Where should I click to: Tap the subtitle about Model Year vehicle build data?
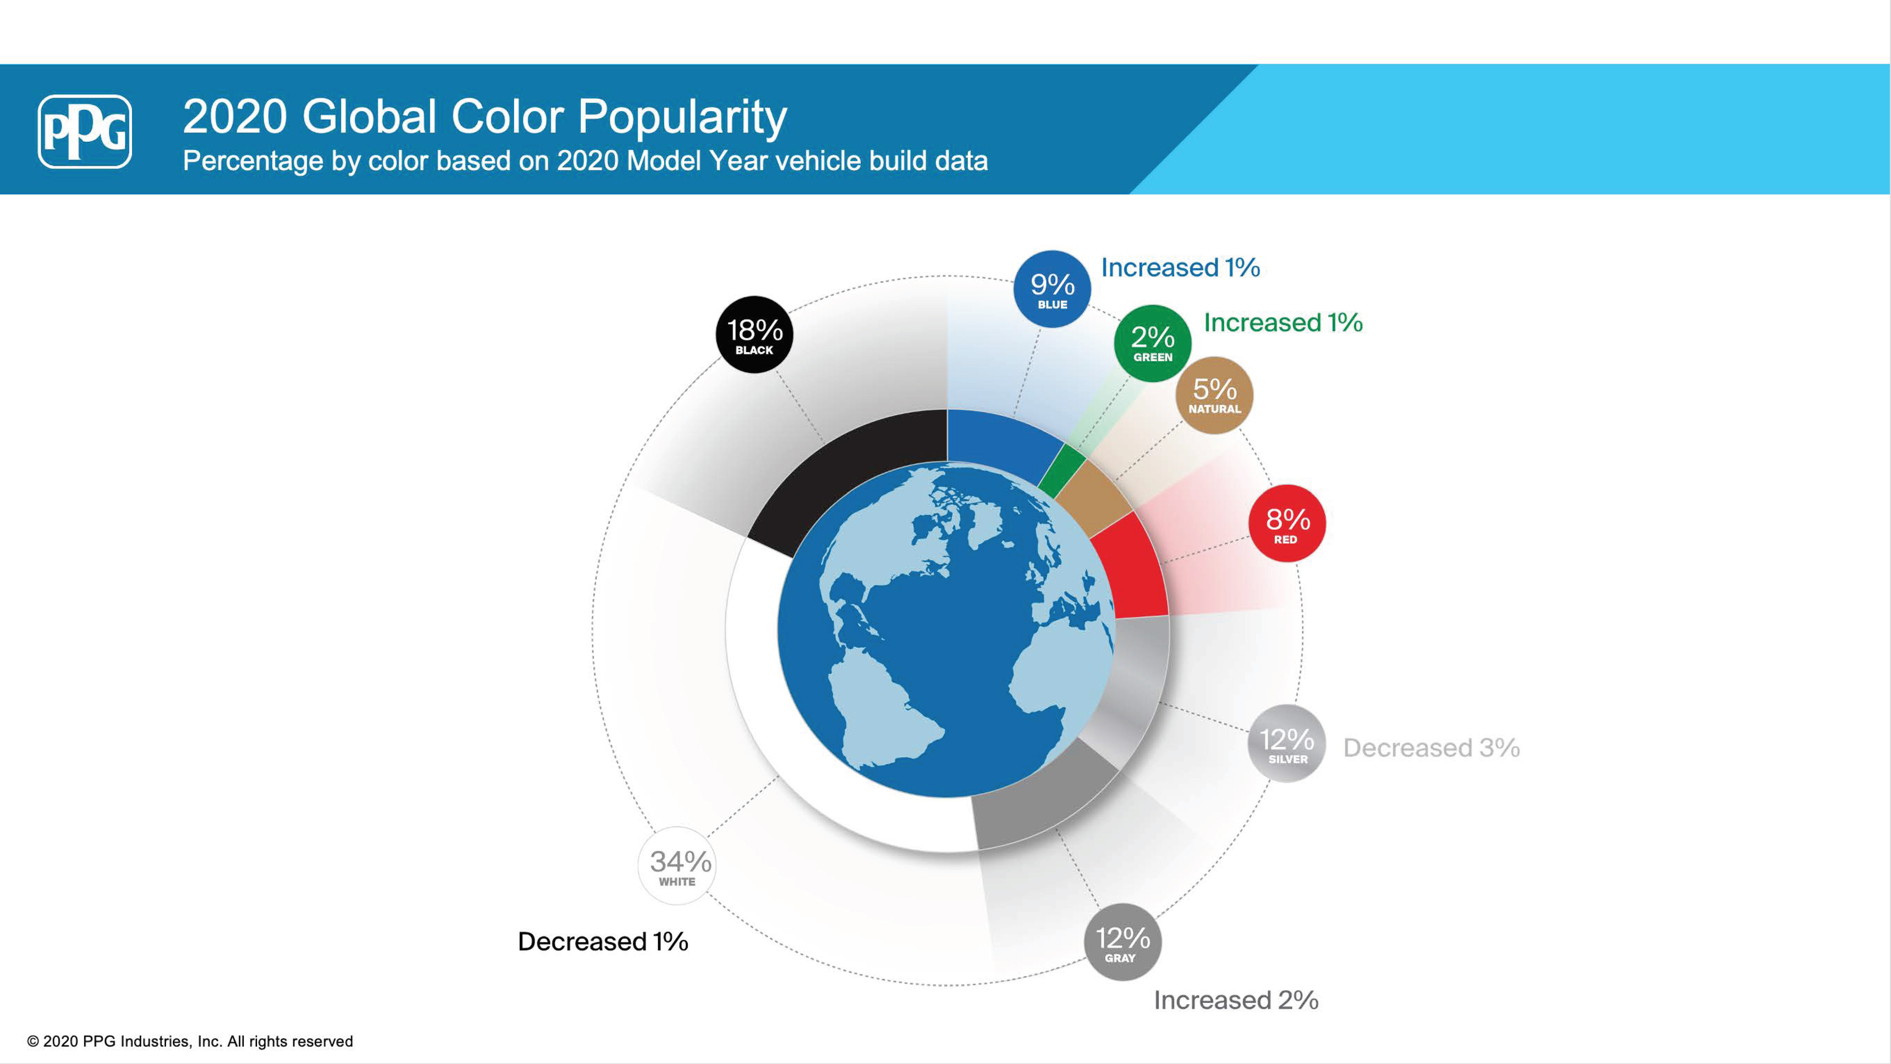(585, 161)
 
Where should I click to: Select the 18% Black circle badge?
(754, 335)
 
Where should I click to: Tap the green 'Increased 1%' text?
(1283, 322)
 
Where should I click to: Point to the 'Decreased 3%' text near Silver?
(1431, 748)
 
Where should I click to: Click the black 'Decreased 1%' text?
(603, 941)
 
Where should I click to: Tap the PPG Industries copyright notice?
(190, 1041)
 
